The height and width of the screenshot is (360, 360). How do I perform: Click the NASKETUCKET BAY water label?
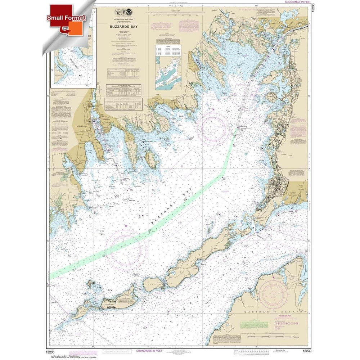tap(152, 142)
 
